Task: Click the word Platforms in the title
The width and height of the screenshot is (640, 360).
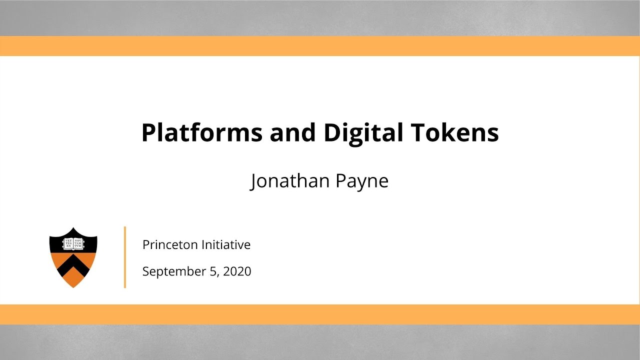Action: click(202, 133)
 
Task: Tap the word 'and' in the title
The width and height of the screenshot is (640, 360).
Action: click(293, 133)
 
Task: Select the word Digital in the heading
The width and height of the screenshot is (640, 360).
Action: click(363, 133)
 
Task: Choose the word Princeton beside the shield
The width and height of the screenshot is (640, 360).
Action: click(170, 245)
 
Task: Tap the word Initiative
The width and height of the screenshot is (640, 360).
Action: click(226, 245)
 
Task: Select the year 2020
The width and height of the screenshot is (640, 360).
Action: click(237, 271)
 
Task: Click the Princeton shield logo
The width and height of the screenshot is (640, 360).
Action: click(73, 257)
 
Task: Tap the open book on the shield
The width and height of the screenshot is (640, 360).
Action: click(73, 243)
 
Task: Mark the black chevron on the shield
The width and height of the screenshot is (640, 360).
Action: click(73, 265)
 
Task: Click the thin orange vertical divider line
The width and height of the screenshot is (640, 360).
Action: click(125, 257)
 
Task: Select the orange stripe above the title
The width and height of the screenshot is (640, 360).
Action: click(320, 46)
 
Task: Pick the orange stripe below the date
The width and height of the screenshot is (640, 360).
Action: click(320, 314)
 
